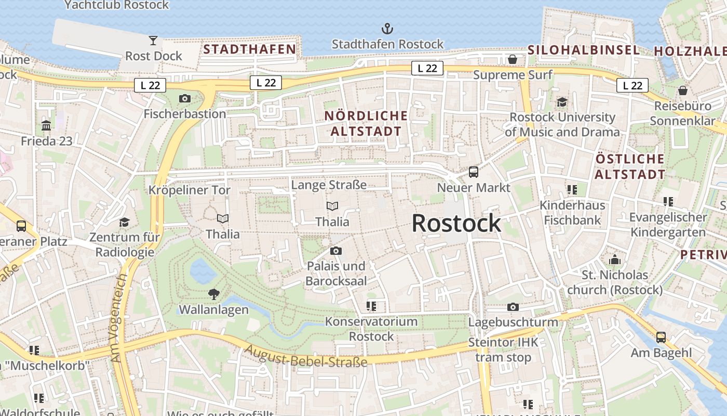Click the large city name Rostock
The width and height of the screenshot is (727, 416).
456,224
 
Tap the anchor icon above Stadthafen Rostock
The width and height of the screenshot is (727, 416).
387,28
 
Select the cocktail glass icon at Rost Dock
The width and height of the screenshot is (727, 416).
153,40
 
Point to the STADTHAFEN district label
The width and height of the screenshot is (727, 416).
249,49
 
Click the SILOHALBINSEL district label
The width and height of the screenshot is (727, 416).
584,50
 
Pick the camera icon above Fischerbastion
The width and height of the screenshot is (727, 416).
184,98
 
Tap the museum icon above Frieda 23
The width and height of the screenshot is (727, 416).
46,125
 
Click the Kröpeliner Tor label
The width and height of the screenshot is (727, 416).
190,190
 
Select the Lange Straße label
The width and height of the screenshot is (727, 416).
329,185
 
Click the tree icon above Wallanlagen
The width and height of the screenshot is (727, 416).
213,294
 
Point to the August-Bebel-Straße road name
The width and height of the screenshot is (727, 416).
306,357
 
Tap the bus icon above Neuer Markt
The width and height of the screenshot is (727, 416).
474,172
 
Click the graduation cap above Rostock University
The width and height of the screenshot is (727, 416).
562,101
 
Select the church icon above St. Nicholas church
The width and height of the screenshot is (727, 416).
615,259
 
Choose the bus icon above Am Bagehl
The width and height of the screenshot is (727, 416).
661,337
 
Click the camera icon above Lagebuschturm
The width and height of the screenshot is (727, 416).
513,307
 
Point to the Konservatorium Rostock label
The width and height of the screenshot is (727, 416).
371,329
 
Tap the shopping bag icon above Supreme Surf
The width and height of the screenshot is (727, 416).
513,59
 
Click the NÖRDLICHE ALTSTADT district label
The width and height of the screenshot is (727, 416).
366,123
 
